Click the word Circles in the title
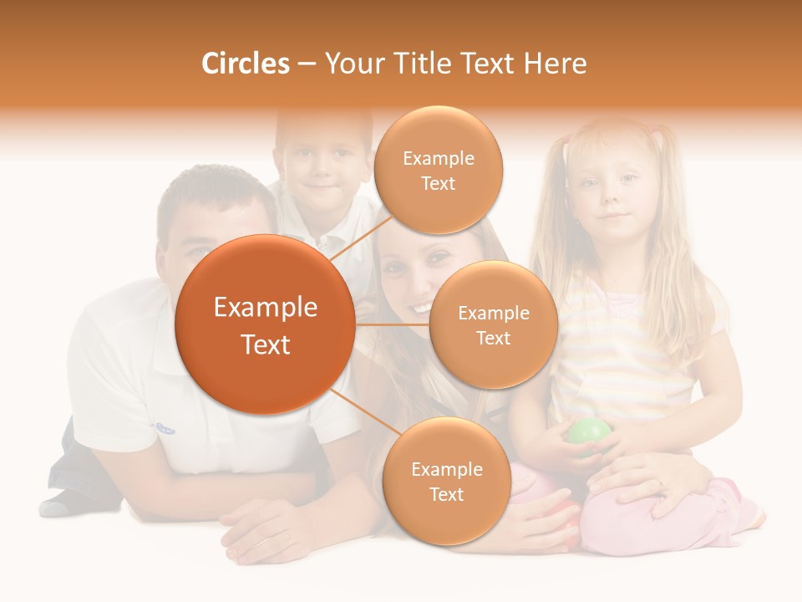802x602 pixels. pos(245,64)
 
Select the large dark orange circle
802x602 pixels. pos(265,325)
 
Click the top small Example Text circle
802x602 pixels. pos(438,170)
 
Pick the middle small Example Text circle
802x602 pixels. pos(493,324)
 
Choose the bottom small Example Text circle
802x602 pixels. pos(446,481)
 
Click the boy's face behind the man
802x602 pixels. pos(322,176)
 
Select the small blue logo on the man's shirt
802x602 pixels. pos(165,428)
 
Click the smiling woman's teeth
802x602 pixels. pos(418,308)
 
